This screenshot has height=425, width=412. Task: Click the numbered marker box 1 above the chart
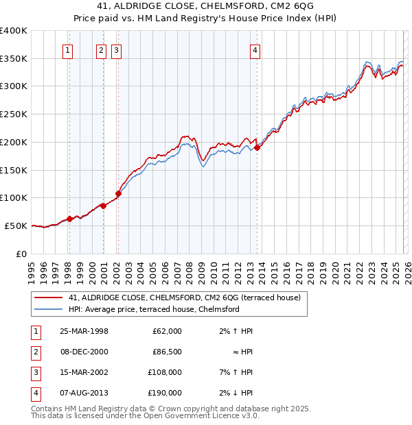pyautogui.click(x=68, y=49)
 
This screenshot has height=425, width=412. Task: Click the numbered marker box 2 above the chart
pyautogui.click(x=101, y=49)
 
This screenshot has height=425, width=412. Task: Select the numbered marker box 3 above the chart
pyautogui.click(x=116, y=49)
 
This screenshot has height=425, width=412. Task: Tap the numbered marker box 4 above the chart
pyautogui.click(x=255, y=49)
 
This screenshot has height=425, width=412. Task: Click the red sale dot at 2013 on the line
pyautogui.click(x=257, y=147)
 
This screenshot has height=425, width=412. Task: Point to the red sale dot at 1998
pyautogui.click(x=69, y=219)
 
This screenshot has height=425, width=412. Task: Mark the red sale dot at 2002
pyautogui.click(x=118, y=193)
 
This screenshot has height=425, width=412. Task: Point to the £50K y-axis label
pyautogui.click(x=16, y=226)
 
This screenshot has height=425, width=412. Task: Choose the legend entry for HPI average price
pyautogui.click(x=153, y=309)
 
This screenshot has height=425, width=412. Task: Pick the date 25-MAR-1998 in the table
pyautogui.click(x=83, y=331)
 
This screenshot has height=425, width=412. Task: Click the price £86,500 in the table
pyautogui.click(x=166, y=352)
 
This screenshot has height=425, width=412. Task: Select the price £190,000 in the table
pyautogui.click(x=165, y=393)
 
